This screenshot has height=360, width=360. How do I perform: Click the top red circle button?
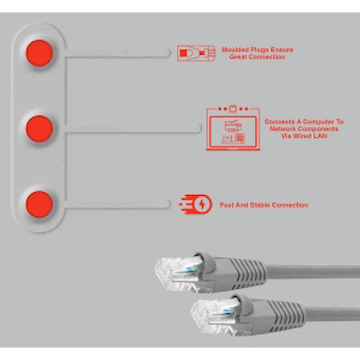(39, 53)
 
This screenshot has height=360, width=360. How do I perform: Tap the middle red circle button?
(39, 129)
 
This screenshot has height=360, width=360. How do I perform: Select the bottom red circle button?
(39, 205)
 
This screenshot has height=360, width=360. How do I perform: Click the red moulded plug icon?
(196, 53)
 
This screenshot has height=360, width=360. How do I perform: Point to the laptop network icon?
(233, 129)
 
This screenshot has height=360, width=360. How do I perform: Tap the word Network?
(282, 129)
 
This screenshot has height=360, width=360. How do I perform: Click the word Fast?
(227, 205)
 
